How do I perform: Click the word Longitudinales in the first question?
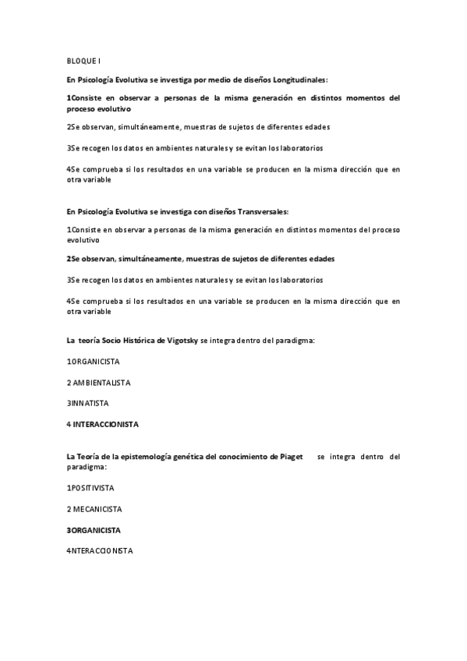[299, 80]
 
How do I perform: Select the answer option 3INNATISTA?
[87, 404]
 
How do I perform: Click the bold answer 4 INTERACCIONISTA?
[102, 425]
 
